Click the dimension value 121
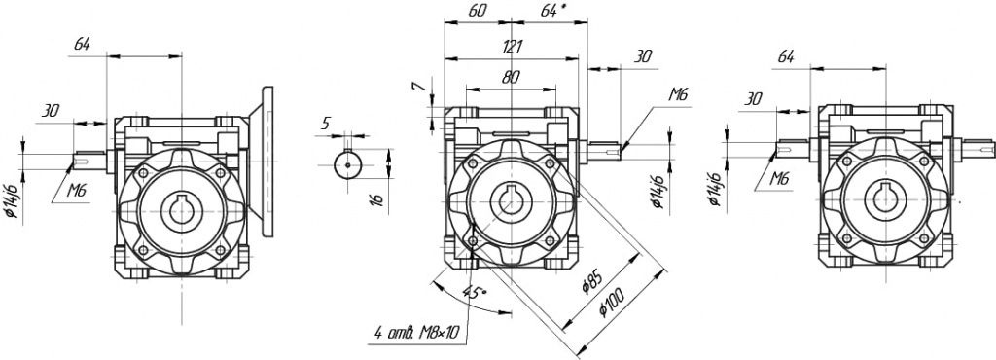click(x=513, y=47)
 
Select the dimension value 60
click(x=478, y=11)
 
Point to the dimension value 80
click(x=511, y=77)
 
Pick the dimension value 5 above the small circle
click(x=325, y=124)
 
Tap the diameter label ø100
click(x=613, y=304)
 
